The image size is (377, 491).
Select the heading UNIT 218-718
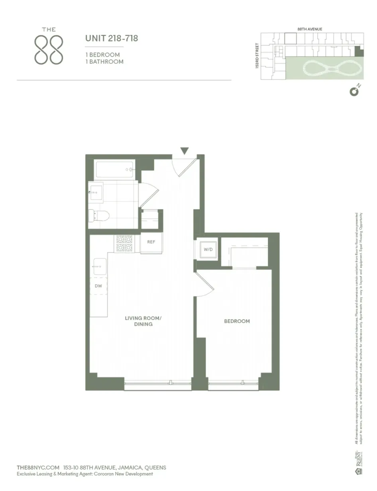coord(112,39)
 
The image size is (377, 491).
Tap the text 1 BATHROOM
coord(104,62)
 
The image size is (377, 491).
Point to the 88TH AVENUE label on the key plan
coord(310,29)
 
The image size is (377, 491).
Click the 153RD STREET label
coord(257,56)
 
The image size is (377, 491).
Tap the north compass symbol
coord(354,92)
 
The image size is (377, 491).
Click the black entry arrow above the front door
coord(184,151)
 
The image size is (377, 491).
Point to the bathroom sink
coord(96,193)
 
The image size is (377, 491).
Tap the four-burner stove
coord(124,244)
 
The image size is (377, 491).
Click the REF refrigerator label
coord(151,242)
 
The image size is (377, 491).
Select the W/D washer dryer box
coord(208,250)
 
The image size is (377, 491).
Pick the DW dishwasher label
coord(98,286)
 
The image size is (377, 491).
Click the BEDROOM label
coord(237,321)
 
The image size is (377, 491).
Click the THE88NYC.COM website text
coord(38,467)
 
